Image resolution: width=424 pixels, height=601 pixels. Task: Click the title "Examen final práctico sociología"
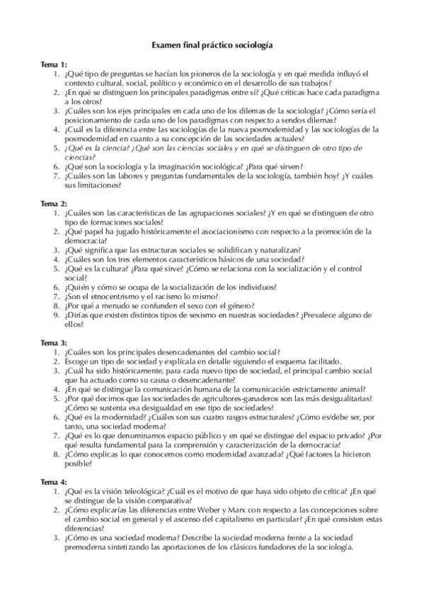point(212,45)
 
